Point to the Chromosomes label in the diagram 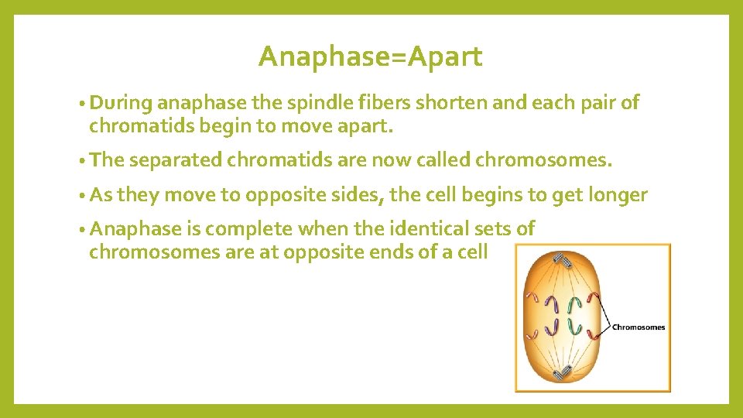tap(639, 327)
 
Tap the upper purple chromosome tap(552, 305)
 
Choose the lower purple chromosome tap(551, 326)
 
